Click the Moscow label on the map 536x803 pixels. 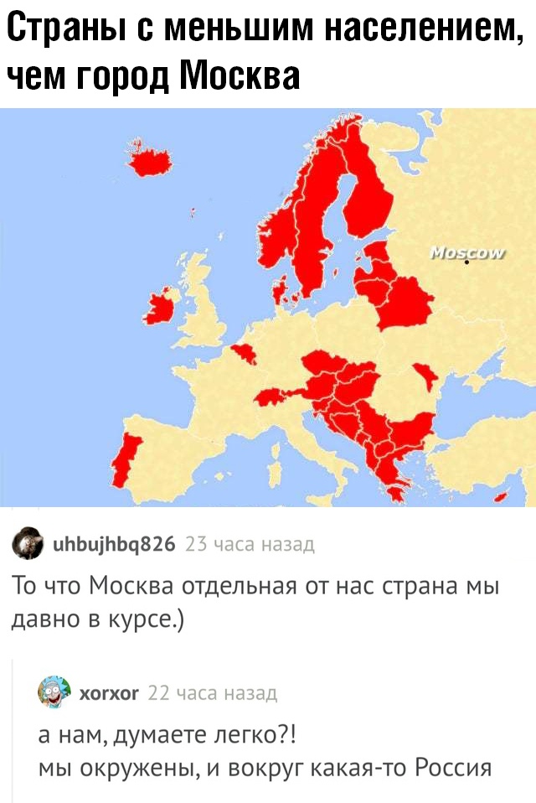pyautogui.click(x=466, y=253)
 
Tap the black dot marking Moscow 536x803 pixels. pyautogui.click(x=466, y=263)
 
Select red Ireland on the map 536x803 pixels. pyautogui.click(x=159, y=309)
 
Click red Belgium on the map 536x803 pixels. pyautogui.click(x=244, y=355)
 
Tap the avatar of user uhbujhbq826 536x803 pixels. pyautogui.click(x=28, y=546)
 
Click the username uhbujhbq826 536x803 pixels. pyautogui.click(x=113, y=545)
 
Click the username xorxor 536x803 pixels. pyautogui.click(x=109, y=692)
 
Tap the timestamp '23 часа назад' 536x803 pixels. pyautogui.click(x=250, y=545)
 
